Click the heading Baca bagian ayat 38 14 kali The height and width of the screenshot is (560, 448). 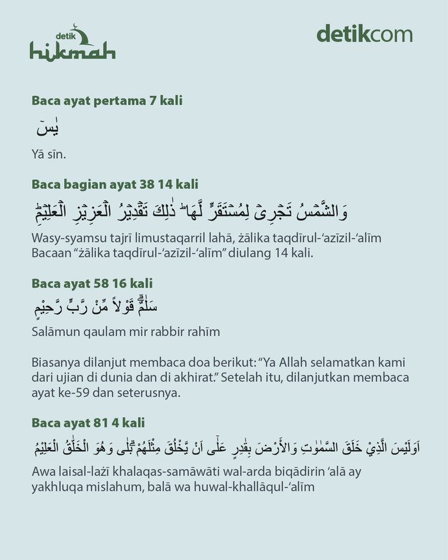[115, 185]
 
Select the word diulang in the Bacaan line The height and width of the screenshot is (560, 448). [243, 253]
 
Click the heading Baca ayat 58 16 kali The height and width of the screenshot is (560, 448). [92, 282]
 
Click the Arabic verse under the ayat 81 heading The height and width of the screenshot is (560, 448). [234, 447]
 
